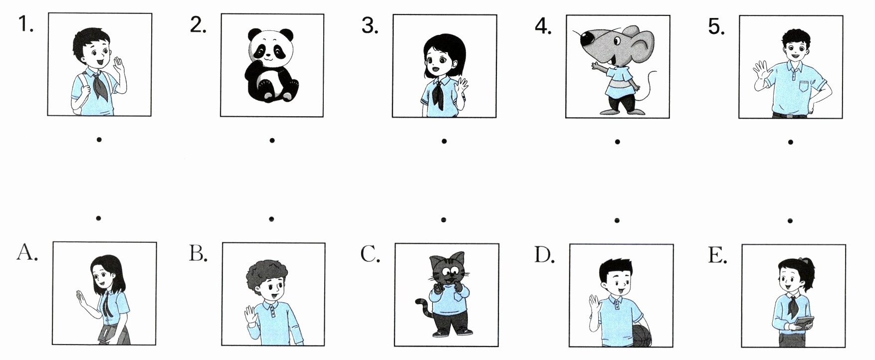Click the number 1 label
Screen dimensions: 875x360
click(x=25, y=24)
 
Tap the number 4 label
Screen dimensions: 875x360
click(x=543, y=25)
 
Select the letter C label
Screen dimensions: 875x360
click(x=371, y=254)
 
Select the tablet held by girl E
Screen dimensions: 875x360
click(x=804, y=323)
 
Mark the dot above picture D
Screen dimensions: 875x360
click(x=617, y=219)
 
